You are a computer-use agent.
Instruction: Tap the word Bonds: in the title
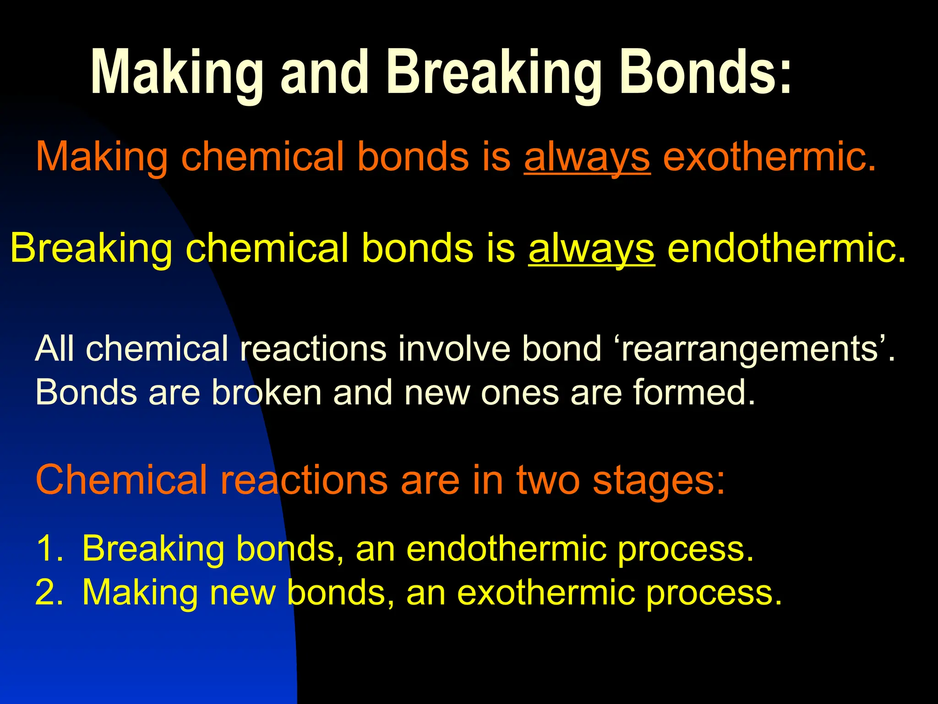tap(705, 73)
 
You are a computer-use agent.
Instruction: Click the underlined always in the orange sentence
tap(587, 157)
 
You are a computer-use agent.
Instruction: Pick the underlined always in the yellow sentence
tap(591, 248)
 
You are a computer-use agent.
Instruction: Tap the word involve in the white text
tap(453, 348)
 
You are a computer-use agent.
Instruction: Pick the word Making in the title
tap(177, 73)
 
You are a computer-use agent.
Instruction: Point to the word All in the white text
tap(55, 348)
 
